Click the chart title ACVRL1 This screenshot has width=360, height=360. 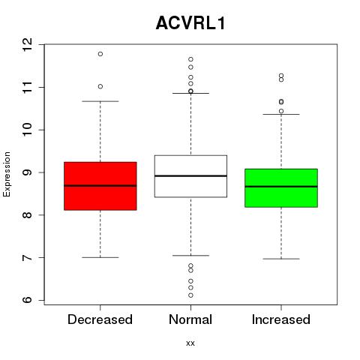click(190, 23)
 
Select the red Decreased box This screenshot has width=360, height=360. click(100, 186)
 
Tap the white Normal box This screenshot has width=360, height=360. click(190, 176)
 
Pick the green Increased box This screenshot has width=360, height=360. click(281, 188)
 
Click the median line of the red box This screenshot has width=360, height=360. click(100, 186)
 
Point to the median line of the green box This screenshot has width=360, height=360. click(281, 187)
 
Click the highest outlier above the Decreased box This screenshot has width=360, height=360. click(100, 54)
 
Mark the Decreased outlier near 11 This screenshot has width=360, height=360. click(100, 86)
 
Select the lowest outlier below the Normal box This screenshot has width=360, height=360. click(190, 295)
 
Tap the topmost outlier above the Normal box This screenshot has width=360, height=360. click(190, 59)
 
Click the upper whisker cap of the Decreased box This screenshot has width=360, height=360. click(100, 101)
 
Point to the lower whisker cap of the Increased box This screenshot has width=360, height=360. click(281, 259)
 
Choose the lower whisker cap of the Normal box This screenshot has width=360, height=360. click(190, 256)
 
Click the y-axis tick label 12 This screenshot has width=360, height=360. click(28, 45)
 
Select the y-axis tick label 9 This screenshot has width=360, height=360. click(28, 172)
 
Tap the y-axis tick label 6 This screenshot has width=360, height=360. click(28, 300)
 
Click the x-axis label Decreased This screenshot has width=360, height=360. click(100, 319)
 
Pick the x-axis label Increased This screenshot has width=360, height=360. click(281, 319)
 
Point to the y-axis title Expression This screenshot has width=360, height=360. click(7, 174)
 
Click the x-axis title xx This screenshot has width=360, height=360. click(190, 343)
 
